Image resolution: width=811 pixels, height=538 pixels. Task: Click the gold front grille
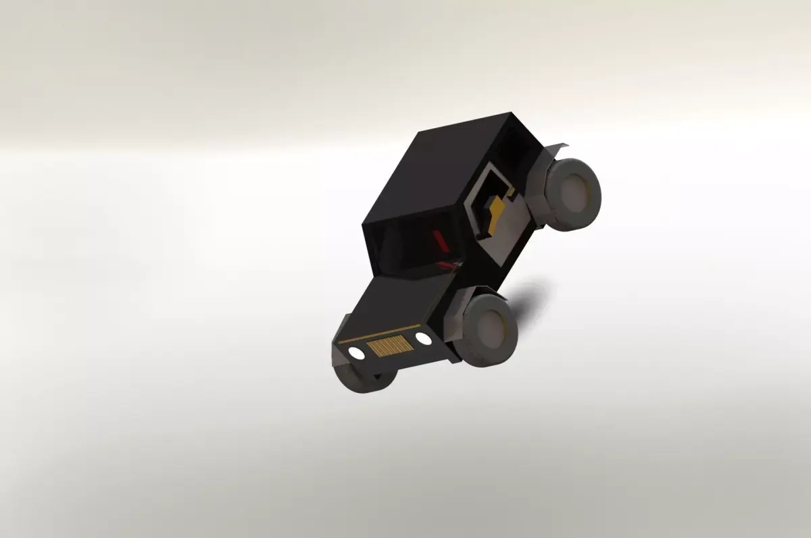[390, 346]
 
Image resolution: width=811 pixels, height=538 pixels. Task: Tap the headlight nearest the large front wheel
[422, 337]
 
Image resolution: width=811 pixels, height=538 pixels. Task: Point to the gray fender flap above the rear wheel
[558, 149]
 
